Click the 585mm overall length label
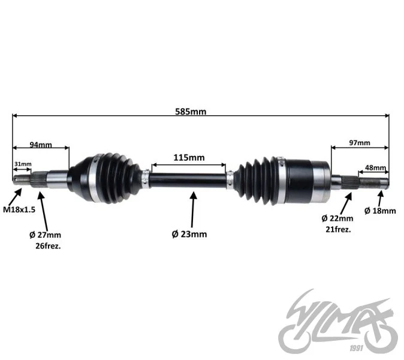(191, 112)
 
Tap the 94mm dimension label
(41, 145)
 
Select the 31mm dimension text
(23, 164)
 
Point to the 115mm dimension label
(189, 158)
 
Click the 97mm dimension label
(360, 143)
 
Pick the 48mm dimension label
(375, 167)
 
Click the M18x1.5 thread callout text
(19, 209)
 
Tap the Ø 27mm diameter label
(45, 235)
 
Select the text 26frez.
(48, 246)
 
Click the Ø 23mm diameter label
(189, 234)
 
